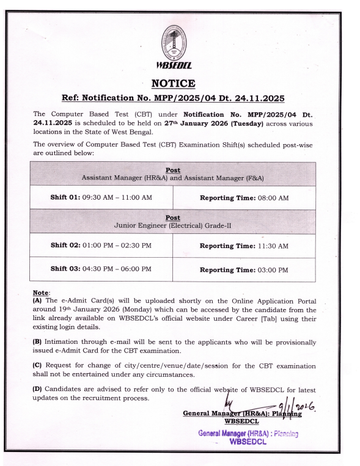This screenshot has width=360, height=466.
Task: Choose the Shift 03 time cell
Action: pyautogui.click(x=100, y=269)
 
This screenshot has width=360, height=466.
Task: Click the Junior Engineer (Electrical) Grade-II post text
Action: pyautogui.click(x=179, y=225)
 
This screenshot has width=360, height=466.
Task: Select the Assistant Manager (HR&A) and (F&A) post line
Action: pyautogui.click(x=179, y=177)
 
